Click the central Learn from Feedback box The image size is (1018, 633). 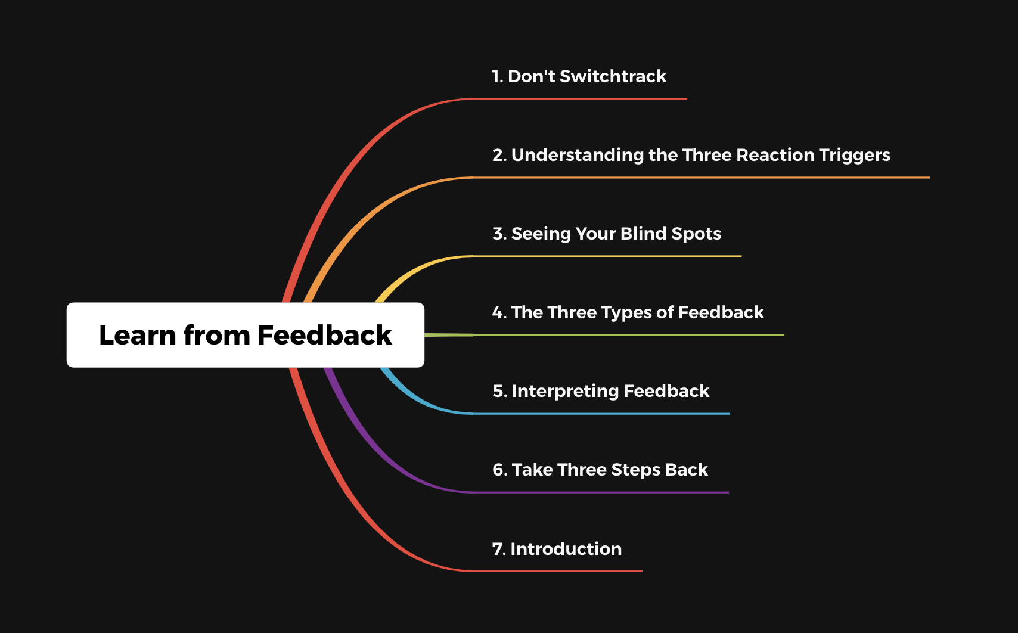tap(246, 335)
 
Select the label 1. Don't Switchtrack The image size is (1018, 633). tap(579, 76)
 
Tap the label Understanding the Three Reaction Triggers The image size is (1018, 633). tap(700, 156)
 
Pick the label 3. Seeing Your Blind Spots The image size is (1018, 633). tap(607, 234)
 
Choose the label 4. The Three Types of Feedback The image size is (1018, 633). tap(628, 312)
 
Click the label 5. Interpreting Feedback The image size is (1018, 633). tap(601, 391)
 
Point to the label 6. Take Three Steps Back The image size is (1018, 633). tap(600, 470)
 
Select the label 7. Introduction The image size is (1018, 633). tap(557, 549)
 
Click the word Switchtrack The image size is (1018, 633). tap(613, 76)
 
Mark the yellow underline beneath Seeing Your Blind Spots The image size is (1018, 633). tap(607, 256)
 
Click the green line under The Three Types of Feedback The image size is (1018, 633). tap(629, 335)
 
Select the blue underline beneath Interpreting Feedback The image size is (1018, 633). tap(601, 414)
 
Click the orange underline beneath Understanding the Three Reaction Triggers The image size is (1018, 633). tap(702, 177)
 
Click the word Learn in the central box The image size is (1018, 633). tap(137, 336)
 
